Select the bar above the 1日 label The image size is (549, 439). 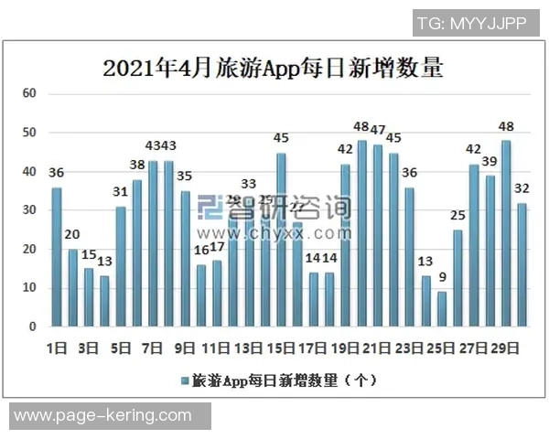click(57, 257)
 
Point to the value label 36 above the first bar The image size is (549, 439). click(56, 174)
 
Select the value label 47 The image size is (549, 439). click(377, 130)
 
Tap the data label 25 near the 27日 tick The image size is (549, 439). click(457, 216)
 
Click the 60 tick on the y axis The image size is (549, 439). click(29, 93)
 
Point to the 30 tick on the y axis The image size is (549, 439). click(29, 210)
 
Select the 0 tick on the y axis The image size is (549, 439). click(32, 327)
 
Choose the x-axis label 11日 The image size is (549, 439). click(214, 348)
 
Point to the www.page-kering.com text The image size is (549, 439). click(103, 416)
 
